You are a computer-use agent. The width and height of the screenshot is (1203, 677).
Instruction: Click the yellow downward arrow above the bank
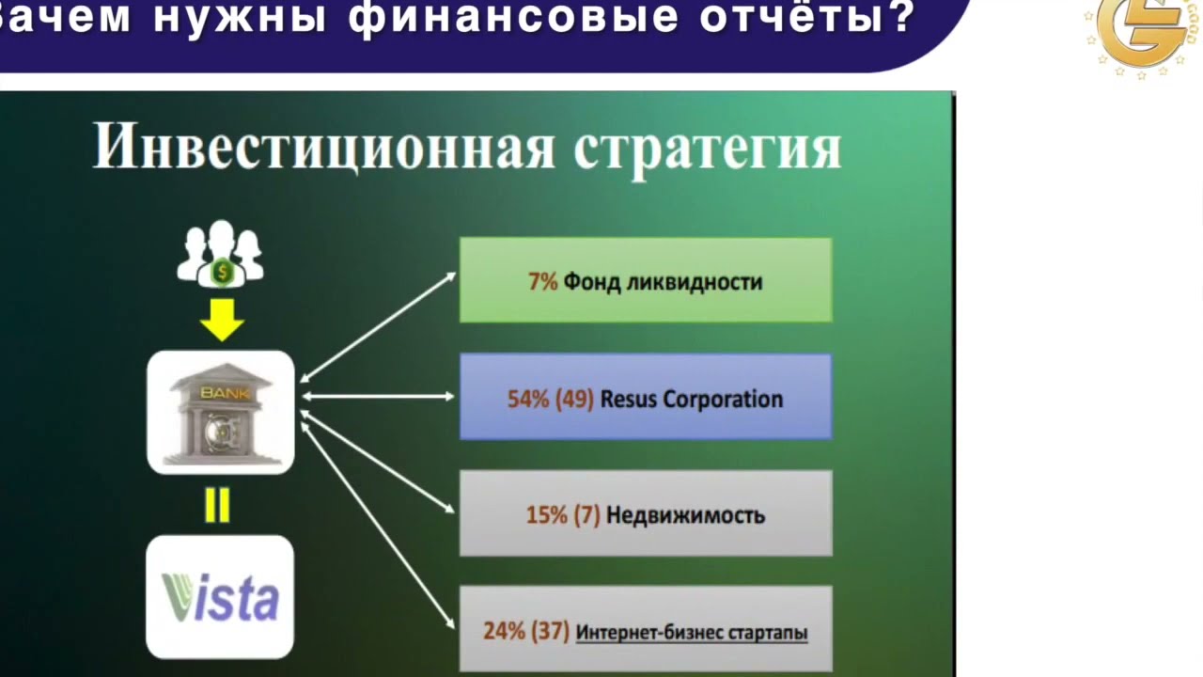(222, 321)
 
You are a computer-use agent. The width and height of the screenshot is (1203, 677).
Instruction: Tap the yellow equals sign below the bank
(217, 505)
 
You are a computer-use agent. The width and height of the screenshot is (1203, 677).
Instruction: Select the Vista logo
(220, 597)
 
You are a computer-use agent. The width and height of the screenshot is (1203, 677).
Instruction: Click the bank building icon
(221, 413)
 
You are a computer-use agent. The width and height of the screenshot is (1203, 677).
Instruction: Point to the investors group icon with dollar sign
(221, 254)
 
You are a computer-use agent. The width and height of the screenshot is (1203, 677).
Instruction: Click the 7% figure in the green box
(543, 281)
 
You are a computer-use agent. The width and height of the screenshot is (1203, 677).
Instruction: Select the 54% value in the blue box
(528, 400)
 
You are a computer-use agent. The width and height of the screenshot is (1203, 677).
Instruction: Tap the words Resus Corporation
(692, 400)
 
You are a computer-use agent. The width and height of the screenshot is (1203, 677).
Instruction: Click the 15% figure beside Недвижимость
(547, 514)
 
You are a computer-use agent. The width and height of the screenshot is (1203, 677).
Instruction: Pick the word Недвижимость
(685, 515)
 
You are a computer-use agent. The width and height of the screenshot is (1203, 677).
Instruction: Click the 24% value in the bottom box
(505, 631)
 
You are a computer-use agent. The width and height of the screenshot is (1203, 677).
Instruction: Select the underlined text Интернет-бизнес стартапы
(692, 633)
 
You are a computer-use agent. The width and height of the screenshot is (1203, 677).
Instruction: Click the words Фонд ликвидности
(663, 282)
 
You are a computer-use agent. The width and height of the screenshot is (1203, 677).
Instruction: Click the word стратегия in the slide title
(708, 150)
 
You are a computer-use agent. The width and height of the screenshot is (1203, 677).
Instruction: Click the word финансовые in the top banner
(513, 18)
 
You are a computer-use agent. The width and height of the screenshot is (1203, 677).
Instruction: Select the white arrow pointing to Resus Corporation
(378, 397)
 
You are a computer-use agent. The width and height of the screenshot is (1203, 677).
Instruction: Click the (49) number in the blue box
(574, 400)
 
